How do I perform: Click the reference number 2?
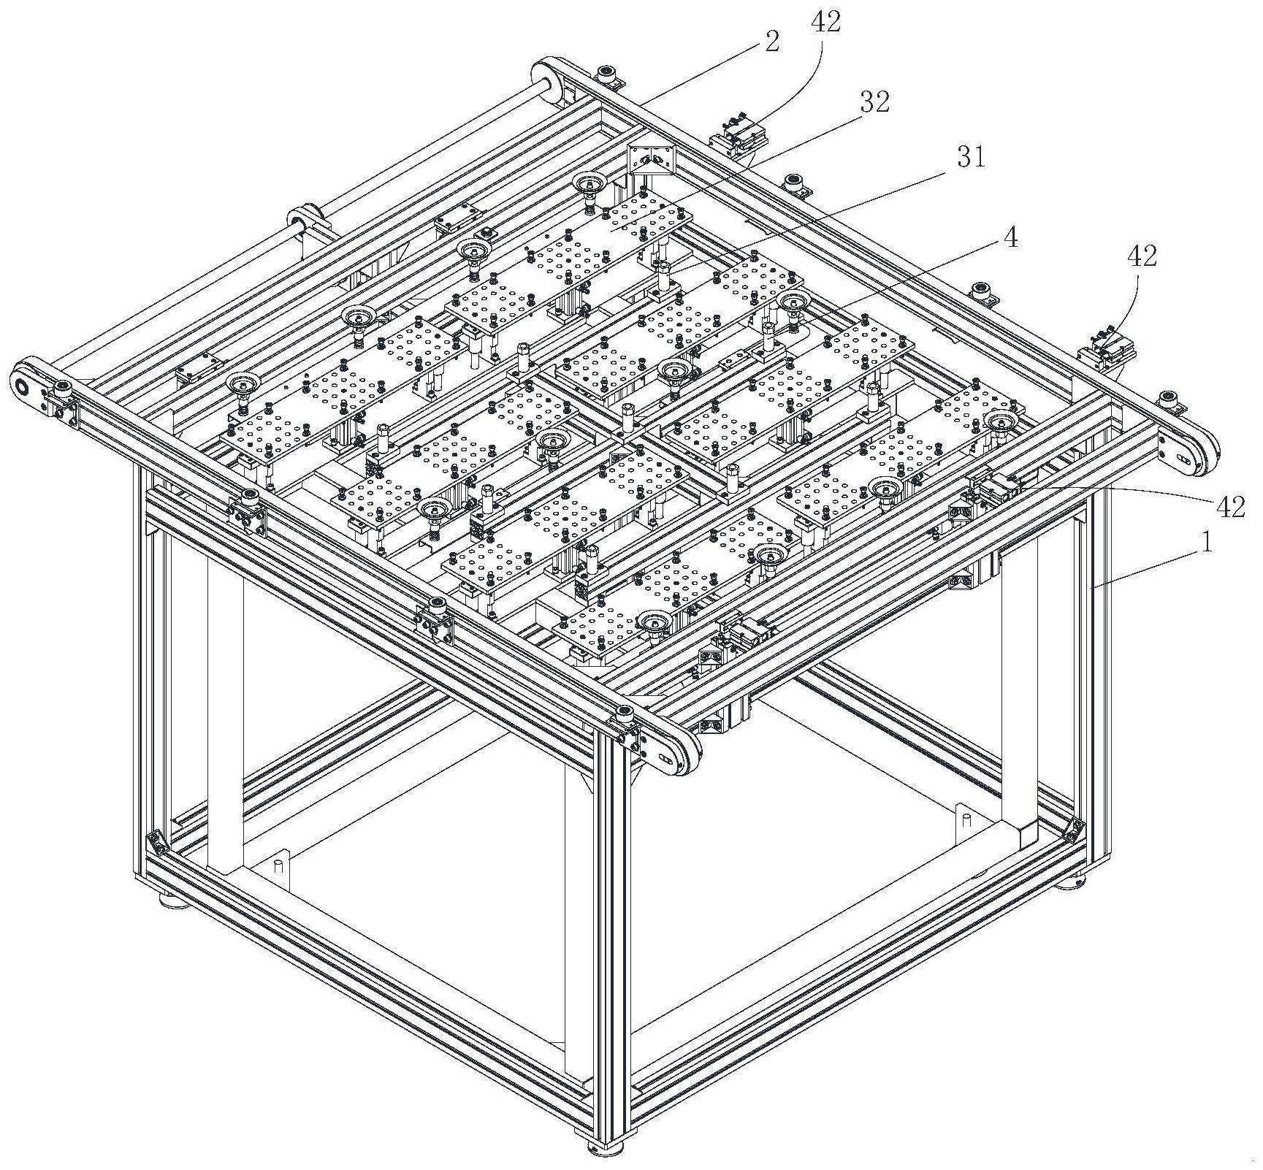click(771, 41)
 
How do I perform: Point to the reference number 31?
click(970, 156)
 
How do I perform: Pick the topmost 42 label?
click(825, 21)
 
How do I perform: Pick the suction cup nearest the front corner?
click(655, 622)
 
